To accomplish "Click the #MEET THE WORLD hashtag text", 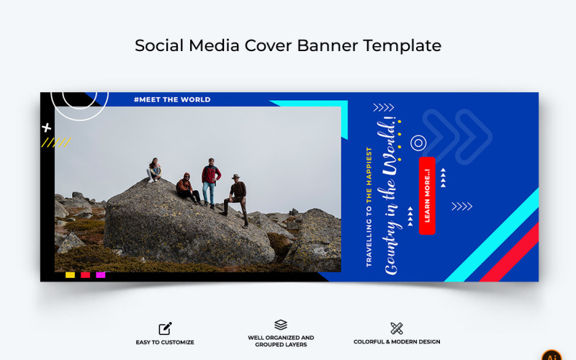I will (x=172, y=99).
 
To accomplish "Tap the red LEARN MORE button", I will (x=427, y=195).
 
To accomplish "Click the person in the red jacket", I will (x=210, y=181).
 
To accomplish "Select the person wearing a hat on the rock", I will (x=237, y=197).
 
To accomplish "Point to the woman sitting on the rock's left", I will (x=153, y=171).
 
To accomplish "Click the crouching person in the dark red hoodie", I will (x=186, y=189).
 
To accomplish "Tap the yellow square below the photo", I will (x=70, y=274).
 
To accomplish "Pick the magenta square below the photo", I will (x=101, y=274).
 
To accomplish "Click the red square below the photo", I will (x=85, y=274).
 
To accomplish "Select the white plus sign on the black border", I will (x=47, y=127).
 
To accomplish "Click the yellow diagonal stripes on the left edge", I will (x=55, y=143).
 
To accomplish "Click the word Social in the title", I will (x=158, y=45).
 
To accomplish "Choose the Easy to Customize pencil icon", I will (x=165, y=329).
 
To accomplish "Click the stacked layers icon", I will (x=281, y=325).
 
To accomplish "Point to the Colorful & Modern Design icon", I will (x=396, y=328).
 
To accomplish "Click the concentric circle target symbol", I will (x=418, y=143).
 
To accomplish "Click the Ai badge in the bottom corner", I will (x=552, y=355).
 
